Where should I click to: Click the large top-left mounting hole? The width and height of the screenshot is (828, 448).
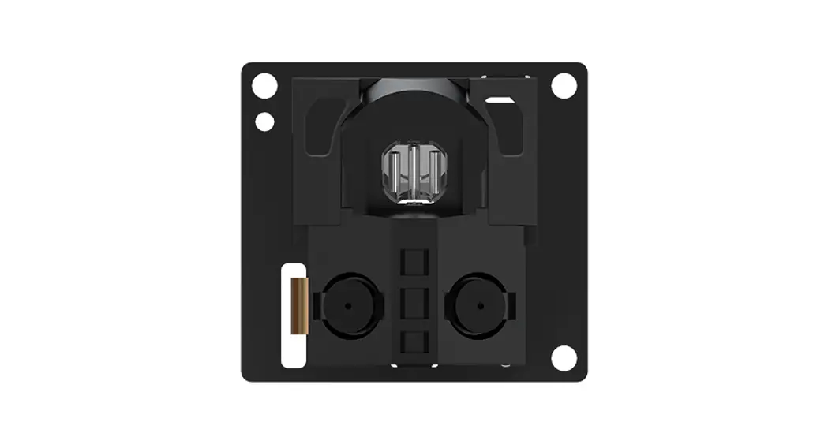[x=264, y=85]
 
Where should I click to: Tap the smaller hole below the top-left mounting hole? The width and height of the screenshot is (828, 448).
[x=265, y=122]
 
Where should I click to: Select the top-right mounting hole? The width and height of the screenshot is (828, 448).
[x=564, y=85]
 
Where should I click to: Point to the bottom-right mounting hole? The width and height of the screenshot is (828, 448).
[x=564, y=357]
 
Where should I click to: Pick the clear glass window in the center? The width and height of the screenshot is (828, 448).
[x=412, y=174]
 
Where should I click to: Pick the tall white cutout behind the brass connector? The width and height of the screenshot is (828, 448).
[x=291, y=347]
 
